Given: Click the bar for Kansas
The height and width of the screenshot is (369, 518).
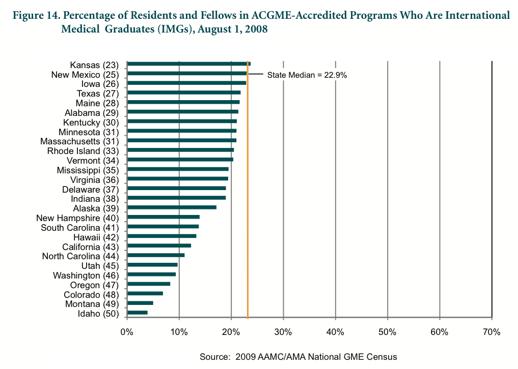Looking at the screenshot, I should pos(188,64).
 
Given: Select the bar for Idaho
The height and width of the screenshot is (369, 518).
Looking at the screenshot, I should pos(138,312).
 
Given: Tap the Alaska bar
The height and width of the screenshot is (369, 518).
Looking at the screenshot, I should pos(172,207).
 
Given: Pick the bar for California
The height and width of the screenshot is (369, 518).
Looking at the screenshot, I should pos(159,245).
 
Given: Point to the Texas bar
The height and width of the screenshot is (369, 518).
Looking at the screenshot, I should pos(183,92).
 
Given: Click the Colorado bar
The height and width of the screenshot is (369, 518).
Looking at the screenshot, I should pos(145,293).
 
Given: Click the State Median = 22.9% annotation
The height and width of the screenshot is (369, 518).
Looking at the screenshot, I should pos(307,75).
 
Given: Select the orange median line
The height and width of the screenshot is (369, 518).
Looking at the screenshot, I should pos(248,203).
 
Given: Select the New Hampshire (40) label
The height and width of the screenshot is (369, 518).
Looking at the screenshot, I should pos(77,218).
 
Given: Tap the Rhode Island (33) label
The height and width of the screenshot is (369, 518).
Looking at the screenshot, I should pos(83,151).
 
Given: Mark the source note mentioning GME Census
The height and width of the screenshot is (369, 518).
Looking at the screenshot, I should pos(298,356).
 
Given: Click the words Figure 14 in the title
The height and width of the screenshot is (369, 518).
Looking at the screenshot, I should pos(36,16).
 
